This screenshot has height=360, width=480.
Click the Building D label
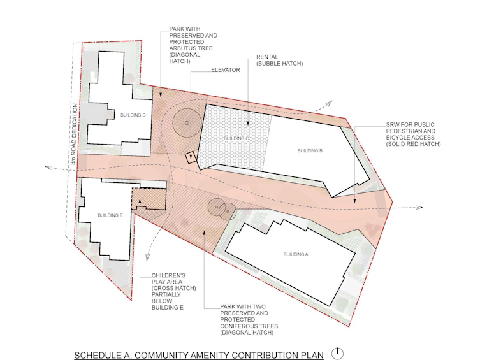(133, 115)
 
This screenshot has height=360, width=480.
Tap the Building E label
(110, 215)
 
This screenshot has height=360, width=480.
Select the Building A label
(296, 254)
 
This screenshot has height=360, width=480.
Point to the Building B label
(310, 150)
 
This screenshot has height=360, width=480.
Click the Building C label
(236, 138)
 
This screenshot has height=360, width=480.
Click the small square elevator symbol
(191, 157)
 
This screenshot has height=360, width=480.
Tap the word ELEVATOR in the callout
(226, 70)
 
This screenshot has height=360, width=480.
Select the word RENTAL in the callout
(267, 57)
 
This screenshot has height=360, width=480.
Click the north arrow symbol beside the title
(337, 354)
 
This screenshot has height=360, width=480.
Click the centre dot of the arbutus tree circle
(187, 123)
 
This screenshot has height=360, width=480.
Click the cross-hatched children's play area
(149, 199)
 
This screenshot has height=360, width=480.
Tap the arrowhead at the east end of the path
(419, 207)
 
